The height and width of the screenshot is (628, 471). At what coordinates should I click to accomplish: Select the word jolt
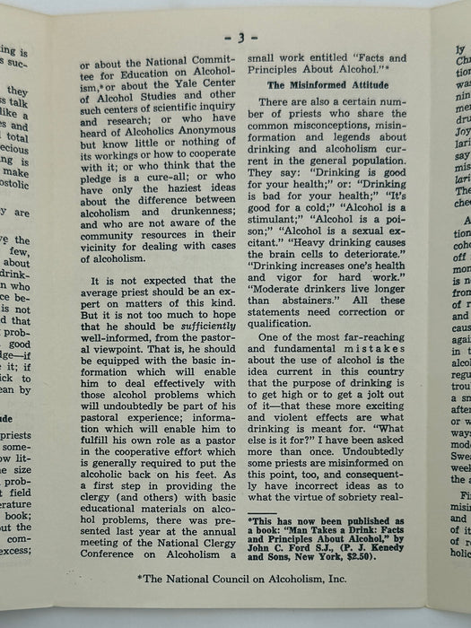[373, 379]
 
